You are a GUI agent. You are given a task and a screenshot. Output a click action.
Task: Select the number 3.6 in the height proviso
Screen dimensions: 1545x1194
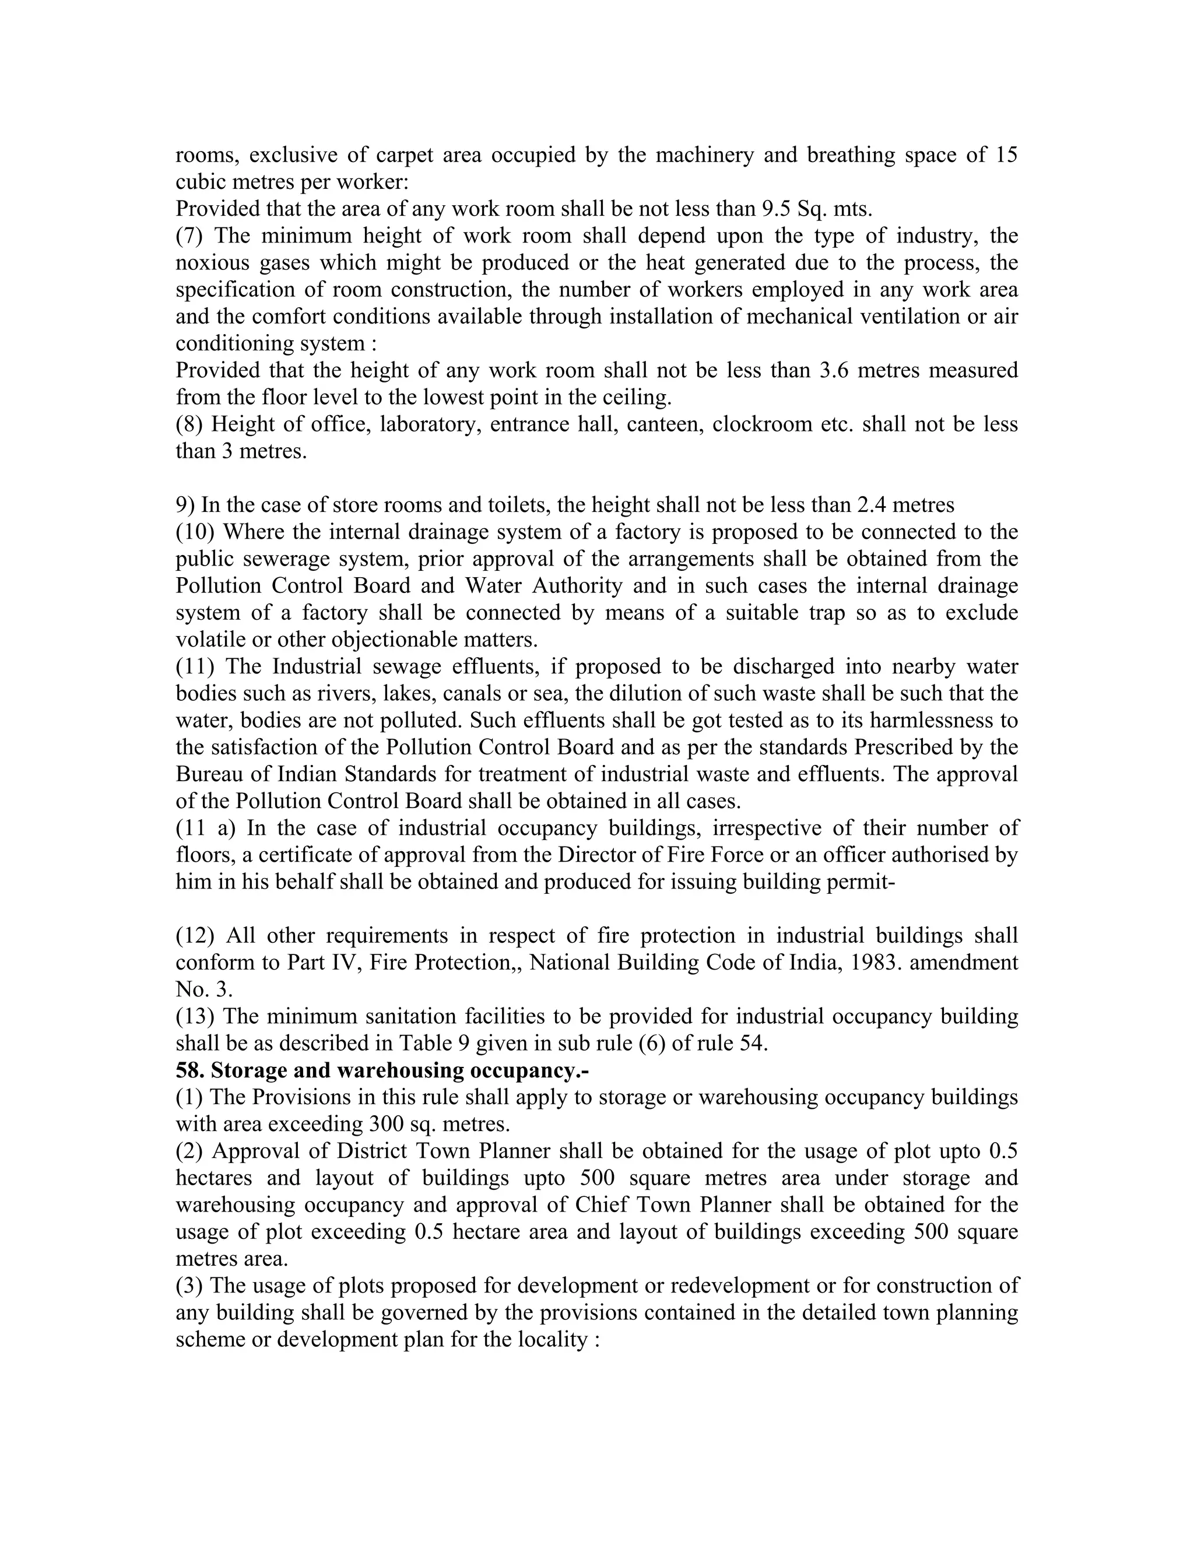[x=834, y=370]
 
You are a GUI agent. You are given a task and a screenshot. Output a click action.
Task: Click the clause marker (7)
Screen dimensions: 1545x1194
[x=189, y=236]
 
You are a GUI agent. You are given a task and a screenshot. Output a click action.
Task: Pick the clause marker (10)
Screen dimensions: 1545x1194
[x=195, y=532]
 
